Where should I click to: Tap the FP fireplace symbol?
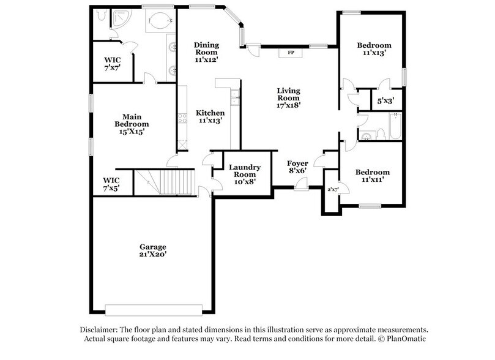pyautogui.click(x=291, y=53)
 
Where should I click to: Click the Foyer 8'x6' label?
pyautogui.click(x=298, y=167)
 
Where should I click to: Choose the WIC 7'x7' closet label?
pyautogui.click(x=112, y=64)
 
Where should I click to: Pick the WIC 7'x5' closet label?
pyautogui.click(x=111, y=184)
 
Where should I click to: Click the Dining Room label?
pyautogui.click(x=207, y=52)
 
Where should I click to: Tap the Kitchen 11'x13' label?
pyautogui.click(x=210, y=117)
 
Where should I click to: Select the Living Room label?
pyautogui.click(x=289, y=97)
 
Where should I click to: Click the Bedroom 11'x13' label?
pyautogui.click(x=374, y=49)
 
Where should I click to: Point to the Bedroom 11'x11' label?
pyautogui.click(x=373, y=176)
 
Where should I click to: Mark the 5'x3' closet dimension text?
pyautogui.click(x=385, y=100)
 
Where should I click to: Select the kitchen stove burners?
pyautogui.click(x=182, y=118)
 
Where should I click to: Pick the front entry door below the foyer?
pyautogui.click(x=300, y=188)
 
